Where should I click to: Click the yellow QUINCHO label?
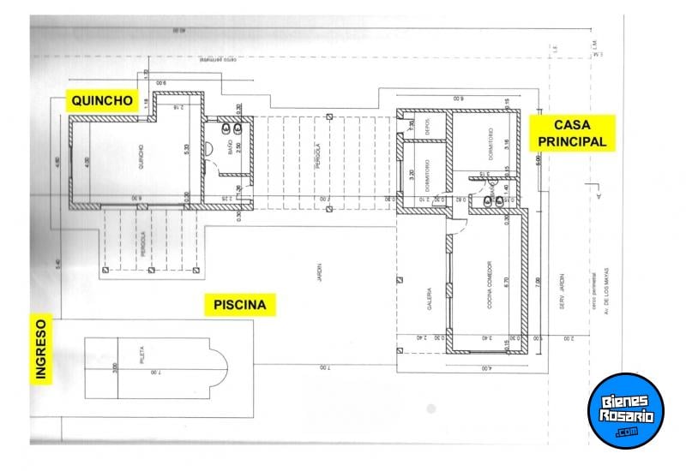point(101,100)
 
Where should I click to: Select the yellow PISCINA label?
point(234,304)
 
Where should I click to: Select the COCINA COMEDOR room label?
point(490,301)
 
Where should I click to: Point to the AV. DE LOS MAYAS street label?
point(605,289)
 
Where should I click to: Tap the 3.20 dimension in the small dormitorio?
point(412,180)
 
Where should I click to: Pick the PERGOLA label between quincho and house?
point(317,156)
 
